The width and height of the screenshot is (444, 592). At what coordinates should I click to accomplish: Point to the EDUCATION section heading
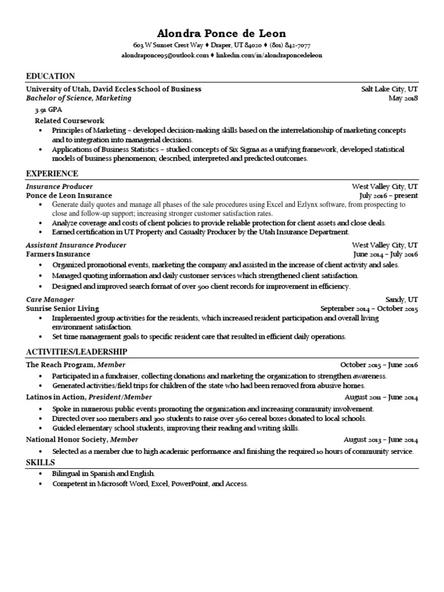click(x=51, y=76)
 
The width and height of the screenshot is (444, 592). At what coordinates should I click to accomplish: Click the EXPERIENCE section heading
click(x=52, y=173)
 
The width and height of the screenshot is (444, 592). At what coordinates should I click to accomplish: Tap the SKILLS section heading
click(x=40, y=462)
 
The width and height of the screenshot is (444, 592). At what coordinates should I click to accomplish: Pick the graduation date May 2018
click(x=404, y=98)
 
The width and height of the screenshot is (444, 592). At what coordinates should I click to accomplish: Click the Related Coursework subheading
click(x=69, y=120)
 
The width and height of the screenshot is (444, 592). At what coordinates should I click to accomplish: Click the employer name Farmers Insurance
click(x=58, y=254)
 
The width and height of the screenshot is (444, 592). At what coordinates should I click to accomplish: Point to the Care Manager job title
click(x=50, y=299)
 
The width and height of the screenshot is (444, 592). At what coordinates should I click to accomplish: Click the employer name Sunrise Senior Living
click(x=62, y=309)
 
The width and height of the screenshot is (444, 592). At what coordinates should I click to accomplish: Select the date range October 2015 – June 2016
click(x=379, y=365)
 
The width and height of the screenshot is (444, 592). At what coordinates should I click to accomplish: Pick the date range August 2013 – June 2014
click(x=381, y=440)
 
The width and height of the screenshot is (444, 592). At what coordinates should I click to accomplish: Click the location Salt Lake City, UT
click(x=389, y=89)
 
